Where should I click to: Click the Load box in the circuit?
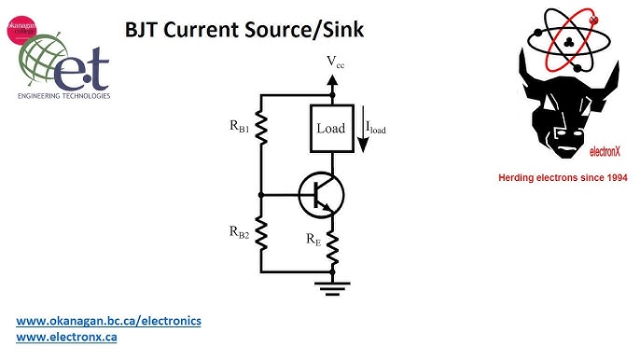(330, 128)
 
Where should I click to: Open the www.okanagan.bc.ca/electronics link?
(109, 321)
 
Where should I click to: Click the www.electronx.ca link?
(66, 337)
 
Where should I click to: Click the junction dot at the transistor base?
(262, 194)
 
